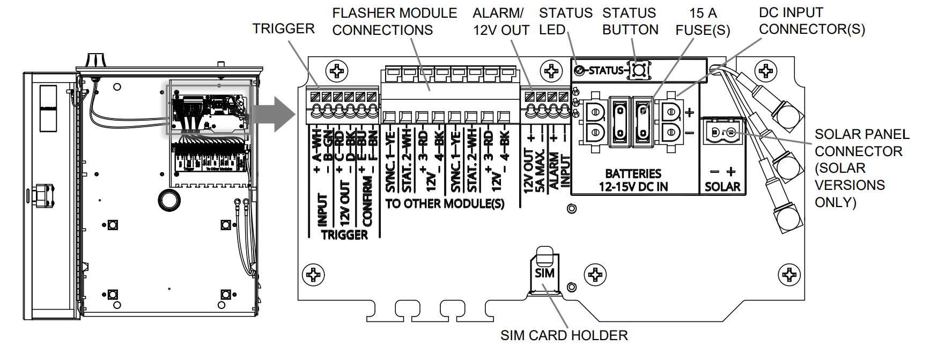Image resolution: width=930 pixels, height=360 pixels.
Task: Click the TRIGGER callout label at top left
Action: pyautogui.click(x=283, y=28)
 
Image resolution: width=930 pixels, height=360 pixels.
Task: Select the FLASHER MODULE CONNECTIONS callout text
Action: pyautogui.click(x=394, y=21)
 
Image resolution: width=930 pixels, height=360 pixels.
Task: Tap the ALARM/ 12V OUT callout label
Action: pyautogui.click(x=500, y=21)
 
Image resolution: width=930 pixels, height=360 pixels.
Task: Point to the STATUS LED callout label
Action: pyautogui.click(x=565, y=21)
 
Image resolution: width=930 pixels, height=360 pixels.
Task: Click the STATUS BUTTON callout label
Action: pyautogui.click(x=630, y=21)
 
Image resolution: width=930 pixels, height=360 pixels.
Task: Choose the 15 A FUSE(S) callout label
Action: pyautogui.click(x=703, y=21)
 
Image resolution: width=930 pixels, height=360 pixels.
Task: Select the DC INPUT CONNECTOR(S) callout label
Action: pyautogui.click(x=811, y=21)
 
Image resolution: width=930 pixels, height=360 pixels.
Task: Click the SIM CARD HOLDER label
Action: pyautogui.click(x=564, y=335)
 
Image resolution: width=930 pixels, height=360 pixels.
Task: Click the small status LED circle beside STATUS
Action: pyautogui.click(x=579, y=70)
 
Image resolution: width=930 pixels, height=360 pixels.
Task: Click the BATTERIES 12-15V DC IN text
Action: pyautogui.click(x=633, y=180)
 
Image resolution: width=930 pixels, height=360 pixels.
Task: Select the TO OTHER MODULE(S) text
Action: pyautogui.click(x=445, y=204)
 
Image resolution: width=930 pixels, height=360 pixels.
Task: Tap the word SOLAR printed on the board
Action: pyautogui.click(x=722, y=187)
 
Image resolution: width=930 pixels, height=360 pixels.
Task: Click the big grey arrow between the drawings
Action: pyautogui.click(x=274, y=114)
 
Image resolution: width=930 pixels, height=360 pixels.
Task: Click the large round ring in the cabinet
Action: pyautogui.click(x=169, y=200)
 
